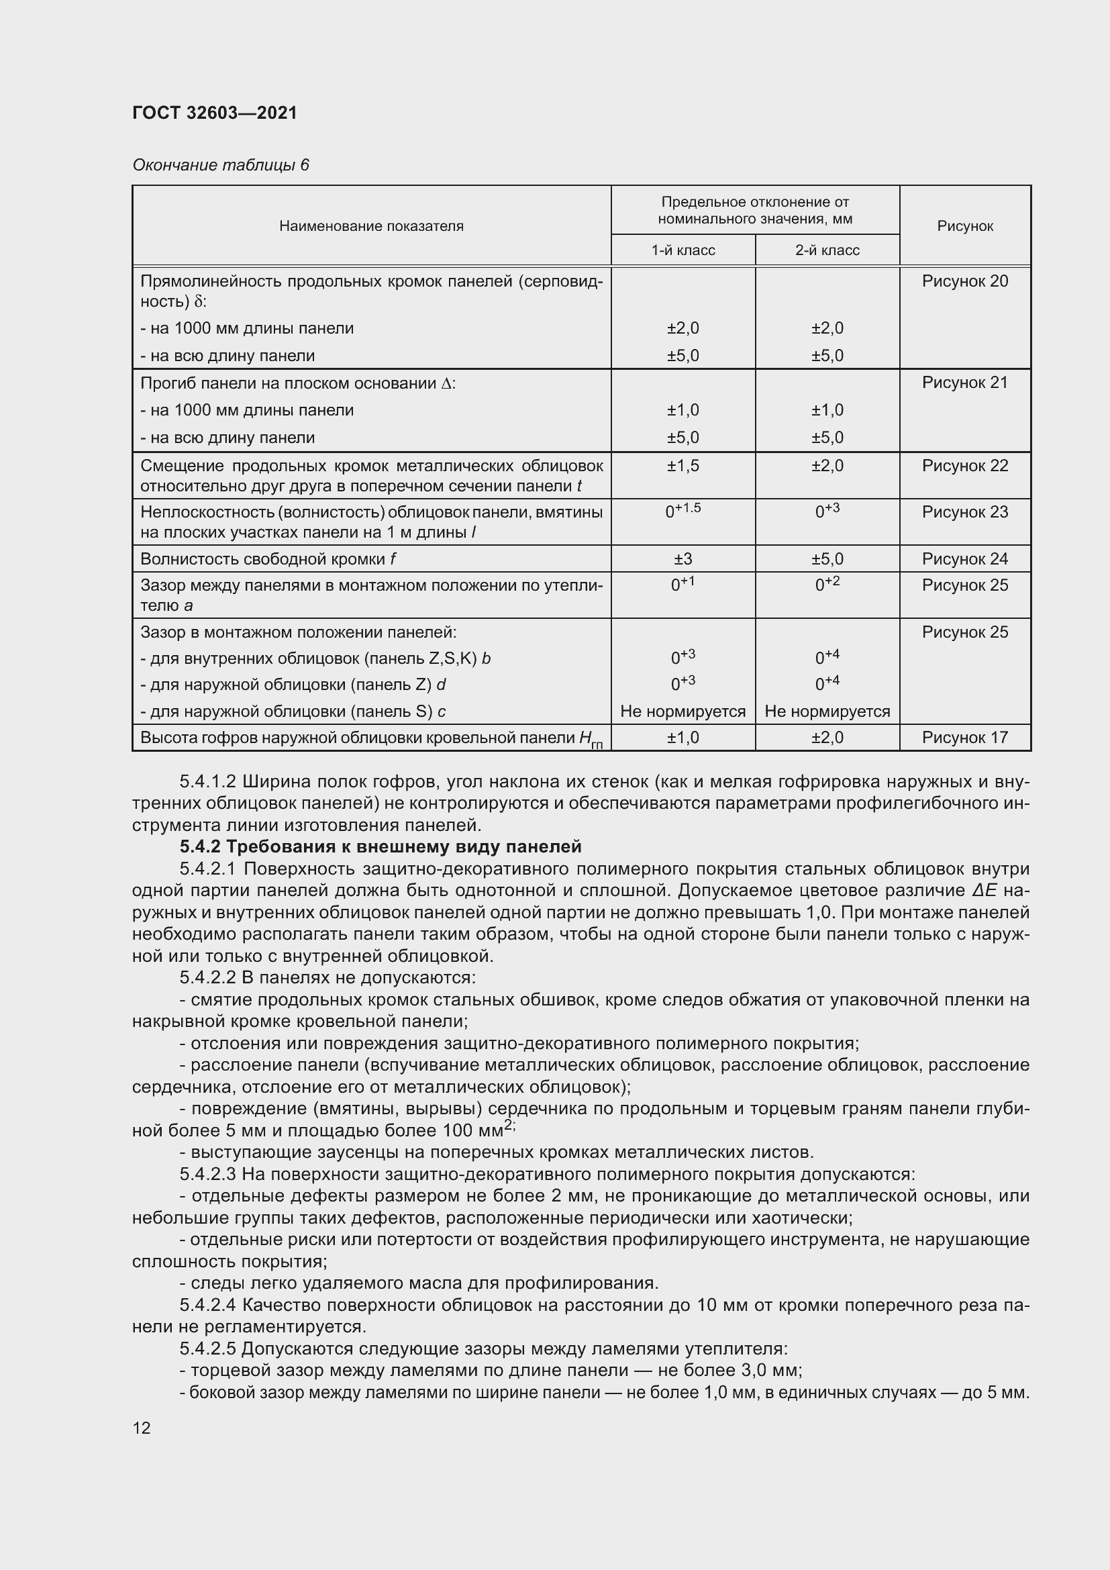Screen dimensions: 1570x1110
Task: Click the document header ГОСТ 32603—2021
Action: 215,113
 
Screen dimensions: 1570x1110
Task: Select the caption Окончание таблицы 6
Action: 221,165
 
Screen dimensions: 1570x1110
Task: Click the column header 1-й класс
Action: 683,250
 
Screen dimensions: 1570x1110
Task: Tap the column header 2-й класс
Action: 827,250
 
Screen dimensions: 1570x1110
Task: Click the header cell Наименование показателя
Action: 371,226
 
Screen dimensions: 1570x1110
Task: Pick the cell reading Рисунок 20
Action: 964,281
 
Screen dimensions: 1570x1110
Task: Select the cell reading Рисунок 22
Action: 964,466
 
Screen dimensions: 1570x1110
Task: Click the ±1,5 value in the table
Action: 683,466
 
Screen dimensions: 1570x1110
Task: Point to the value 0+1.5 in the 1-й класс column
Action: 683,510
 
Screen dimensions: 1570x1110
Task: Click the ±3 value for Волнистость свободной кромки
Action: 683,558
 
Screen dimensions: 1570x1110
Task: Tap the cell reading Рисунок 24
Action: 964,558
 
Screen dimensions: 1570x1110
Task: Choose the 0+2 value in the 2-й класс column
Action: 827,584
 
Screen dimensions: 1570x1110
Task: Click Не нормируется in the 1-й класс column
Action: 683,711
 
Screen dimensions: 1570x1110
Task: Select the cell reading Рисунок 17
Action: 964,737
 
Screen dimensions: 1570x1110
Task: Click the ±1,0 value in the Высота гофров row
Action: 683,737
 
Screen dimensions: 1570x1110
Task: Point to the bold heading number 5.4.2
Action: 200,846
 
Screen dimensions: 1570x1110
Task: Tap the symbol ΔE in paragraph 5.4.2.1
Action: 987,890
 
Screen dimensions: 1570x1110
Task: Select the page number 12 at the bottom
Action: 142,1428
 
